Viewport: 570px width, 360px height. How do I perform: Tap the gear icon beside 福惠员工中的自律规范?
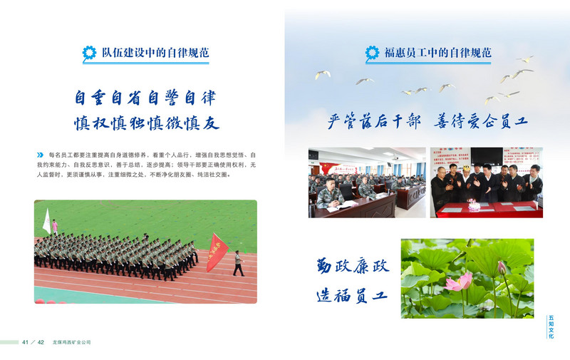click(372, 52)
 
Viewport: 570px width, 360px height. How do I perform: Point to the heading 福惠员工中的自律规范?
click(437, 52)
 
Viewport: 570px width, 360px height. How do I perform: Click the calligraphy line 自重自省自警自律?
click(145, 96)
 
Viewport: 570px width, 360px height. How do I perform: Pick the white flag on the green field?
click(47, 221)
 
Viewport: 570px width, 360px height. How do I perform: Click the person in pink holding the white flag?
click(54, 227)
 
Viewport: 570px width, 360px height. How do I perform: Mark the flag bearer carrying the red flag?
click(238, 263)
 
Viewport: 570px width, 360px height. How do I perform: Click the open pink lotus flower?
click(458, 282)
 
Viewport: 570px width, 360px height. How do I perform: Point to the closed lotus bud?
click(501, 268)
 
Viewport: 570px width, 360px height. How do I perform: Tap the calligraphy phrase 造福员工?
click(353, 294)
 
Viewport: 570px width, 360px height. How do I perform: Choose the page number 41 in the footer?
click(26, 342)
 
